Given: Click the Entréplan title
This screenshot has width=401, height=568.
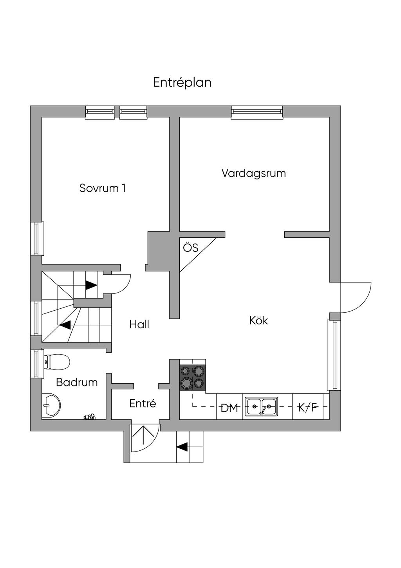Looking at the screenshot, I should [x=182, y=83].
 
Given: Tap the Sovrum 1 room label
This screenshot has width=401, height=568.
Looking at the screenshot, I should [x=103, y=188].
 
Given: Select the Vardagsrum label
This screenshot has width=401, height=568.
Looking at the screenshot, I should [x=254, y=173].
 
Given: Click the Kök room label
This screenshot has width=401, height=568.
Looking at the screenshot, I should [x=259, y=320].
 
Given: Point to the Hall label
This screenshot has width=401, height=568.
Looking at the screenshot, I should [x=139, y=324].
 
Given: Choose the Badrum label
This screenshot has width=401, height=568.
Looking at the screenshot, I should [x=77, y=382].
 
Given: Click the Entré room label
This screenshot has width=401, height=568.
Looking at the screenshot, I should [x=143, y=403].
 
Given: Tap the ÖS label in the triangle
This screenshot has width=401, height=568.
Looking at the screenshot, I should [x=191, y=248].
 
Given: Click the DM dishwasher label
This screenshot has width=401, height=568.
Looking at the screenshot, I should [x=229, y=408].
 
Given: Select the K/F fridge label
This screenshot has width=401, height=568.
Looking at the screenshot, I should [x=308, y=408].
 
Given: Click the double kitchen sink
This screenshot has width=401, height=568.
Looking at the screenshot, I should [x=262, y=407].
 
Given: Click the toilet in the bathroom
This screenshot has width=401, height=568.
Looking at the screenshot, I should [x=57, y=361].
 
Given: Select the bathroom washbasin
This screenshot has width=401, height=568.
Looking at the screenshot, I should [x=51, y=405].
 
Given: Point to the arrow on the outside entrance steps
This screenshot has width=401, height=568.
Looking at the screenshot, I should [x=182, y=446].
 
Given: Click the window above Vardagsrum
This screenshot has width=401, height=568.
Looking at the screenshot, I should [x=257, y=112].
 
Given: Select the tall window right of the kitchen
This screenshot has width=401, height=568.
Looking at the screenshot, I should [x=334, y=355].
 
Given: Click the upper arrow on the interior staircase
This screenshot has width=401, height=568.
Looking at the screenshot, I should [x=91, y=285].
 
